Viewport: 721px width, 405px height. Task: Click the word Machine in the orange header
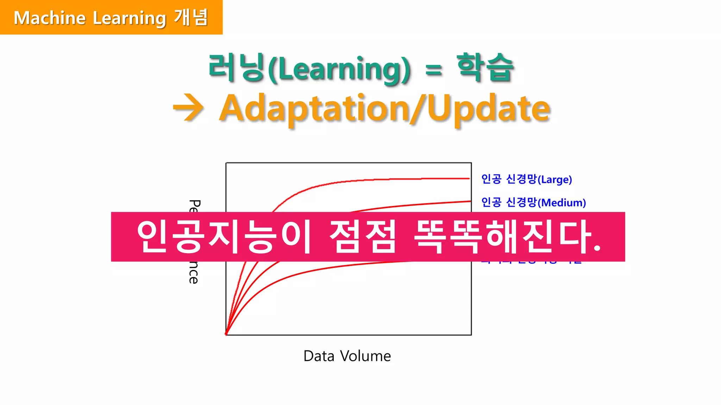[50, 18]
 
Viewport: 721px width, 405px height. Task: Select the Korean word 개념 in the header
[191, 18]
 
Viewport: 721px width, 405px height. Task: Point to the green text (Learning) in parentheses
[339, 69]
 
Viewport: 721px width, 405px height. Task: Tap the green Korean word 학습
[485, 67]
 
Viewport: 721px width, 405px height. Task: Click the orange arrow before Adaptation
[188, 108]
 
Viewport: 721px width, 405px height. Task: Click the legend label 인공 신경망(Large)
[526, 179]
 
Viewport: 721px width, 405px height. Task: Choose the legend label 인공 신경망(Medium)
[533, 202]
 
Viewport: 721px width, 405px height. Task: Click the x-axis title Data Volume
[347, 356]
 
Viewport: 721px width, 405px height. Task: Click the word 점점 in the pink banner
[363, 236]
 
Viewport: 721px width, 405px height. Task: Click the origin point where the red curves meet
[226, 334]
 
